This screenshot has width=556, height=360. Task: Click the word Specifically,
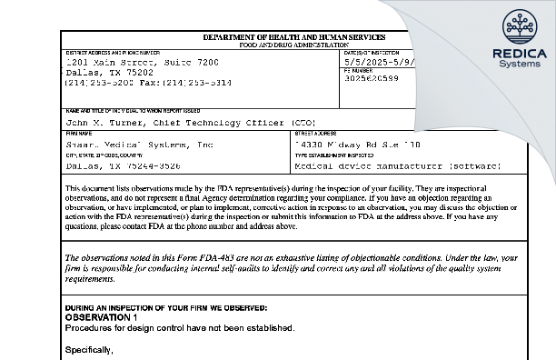(x=88, y=349)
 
